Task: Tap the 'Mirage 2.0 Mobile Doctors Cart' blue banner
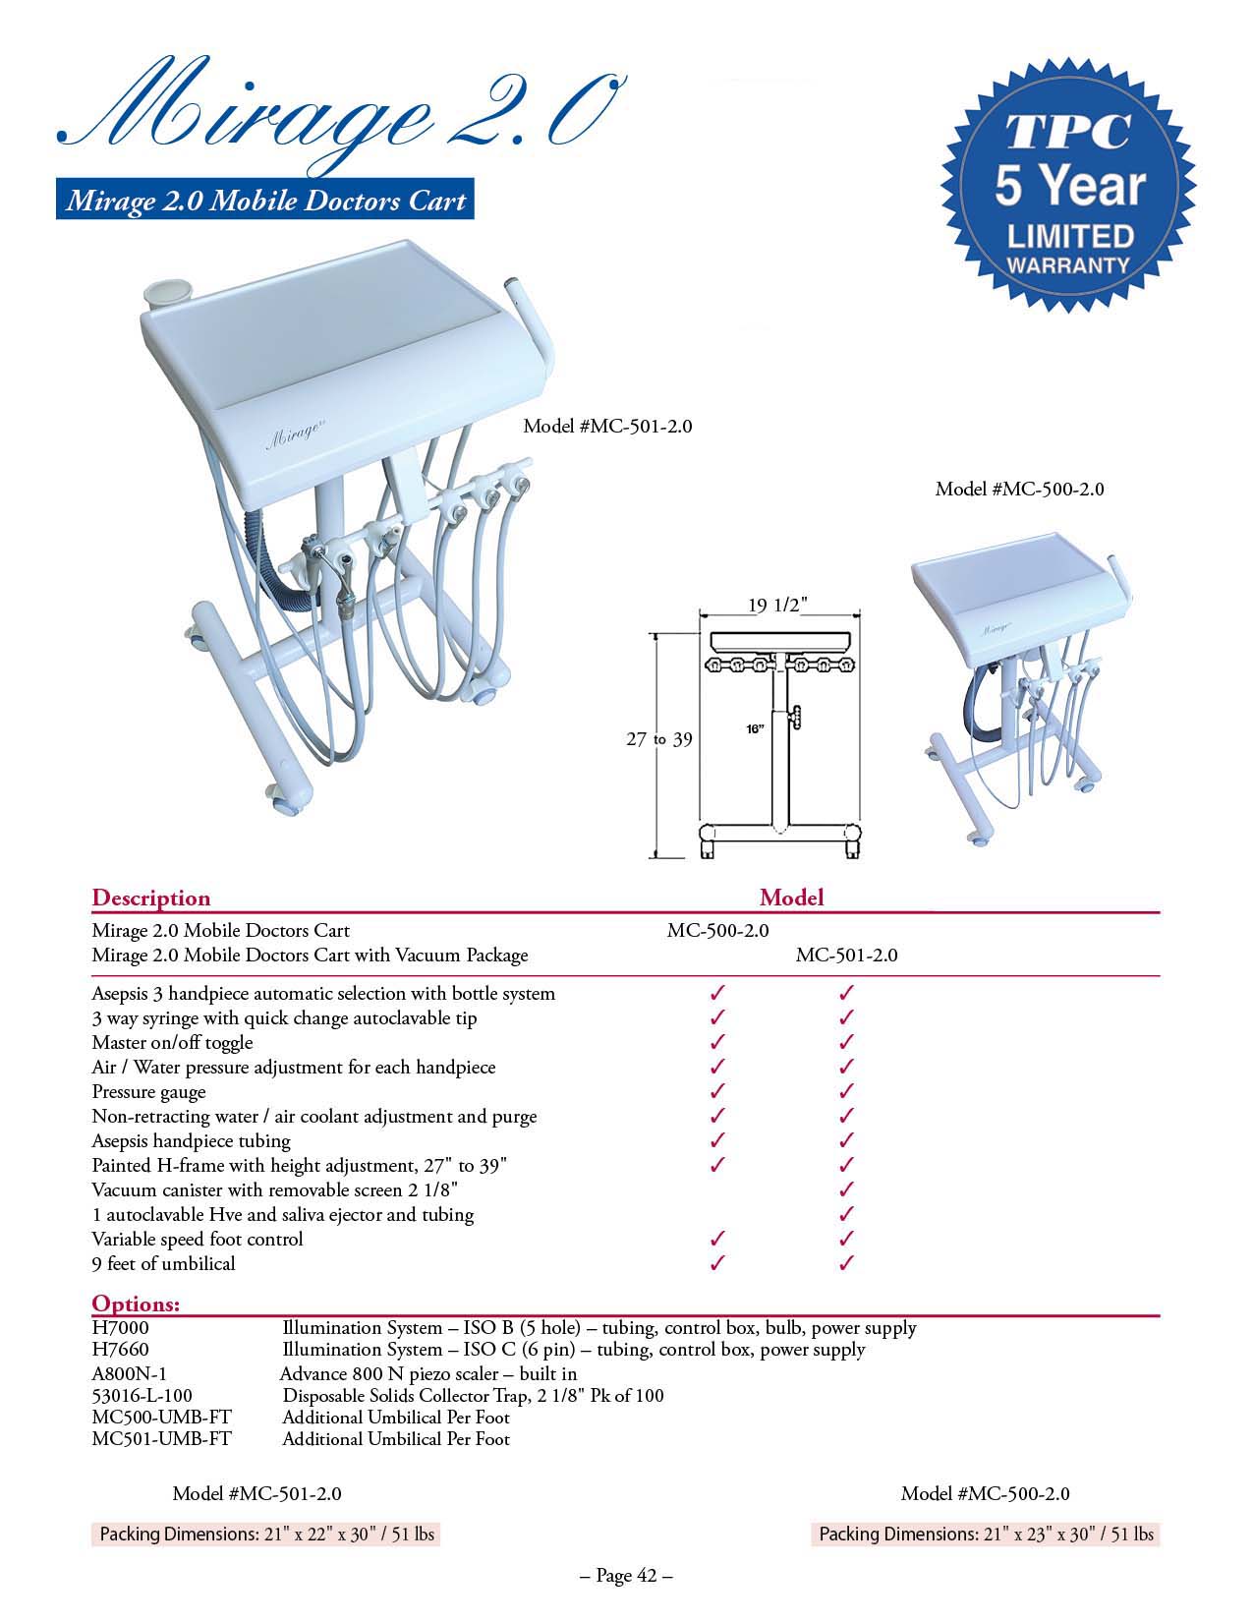tap(264, 202)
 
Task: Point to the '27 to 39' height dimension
tap(658, 739)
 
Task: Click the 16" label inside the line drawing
tap(755, 728)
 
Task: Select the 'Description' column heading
tap(150, 898)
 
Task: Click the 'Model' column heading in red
tap(791, 898)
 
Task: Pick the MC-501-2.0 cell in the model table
tap(846, 955)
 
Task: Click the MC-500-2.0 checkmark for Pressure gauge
tap(717, 1091)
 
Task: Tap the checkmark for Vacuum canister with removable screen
tap(847, 1189)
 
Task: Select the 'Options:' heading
tap(136, 1304)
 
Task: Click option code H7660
tap(120, 1350)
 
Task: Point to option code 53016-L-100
tap(142, 1395)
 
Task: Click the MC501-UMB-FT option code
tap(161, 1439)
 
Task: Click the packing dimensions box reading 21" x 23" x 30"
tap(986, 1534)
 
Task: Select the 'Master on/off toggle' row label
tap(172, 1042)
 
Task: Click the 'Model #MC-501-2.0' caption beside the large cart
tap(607, 426)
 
